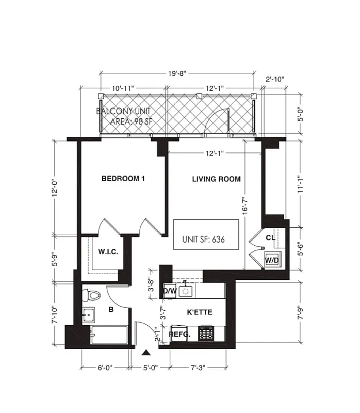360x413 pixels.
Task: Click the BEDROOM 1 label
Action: [123, 179]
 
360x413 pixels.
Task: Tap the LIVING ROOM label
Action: [216, 179]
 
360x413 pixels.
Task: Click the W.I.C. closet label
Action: [108, 251]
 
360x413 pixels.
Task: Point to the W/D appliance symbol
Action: [272, 260]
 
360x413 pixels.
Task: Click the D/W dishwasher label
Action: [170, 292]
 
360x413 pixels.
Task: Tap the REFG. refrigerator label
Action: [180, 335]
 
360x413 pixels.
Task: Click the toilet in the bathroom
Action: [93, 295]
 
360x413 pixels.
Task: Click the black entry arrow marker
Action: [147, 353]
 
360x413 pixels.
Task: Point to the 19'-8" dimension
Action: [177, 73]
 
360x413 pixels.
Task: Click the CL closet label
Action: [270, 238]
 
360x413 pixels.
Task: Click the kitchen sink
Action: [186, 291]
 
